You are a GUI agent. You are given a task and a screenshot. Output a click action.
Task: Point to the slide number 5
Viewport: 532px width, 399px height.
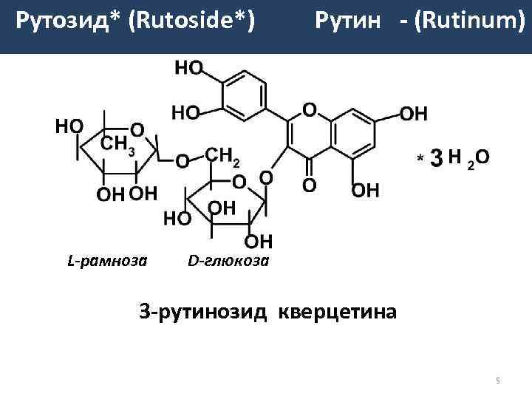(498, 381)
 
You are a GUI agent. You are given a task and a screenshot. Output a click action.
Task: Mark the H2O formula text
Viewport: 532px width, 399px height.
(470, 158)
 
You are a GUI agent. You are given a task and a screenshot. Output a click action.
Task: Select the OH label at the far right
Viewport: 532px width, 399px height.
(413, 114)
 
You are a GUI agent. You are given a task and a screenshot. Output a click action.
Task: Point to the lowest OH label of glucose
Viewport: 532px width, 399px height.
(258, 241)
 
